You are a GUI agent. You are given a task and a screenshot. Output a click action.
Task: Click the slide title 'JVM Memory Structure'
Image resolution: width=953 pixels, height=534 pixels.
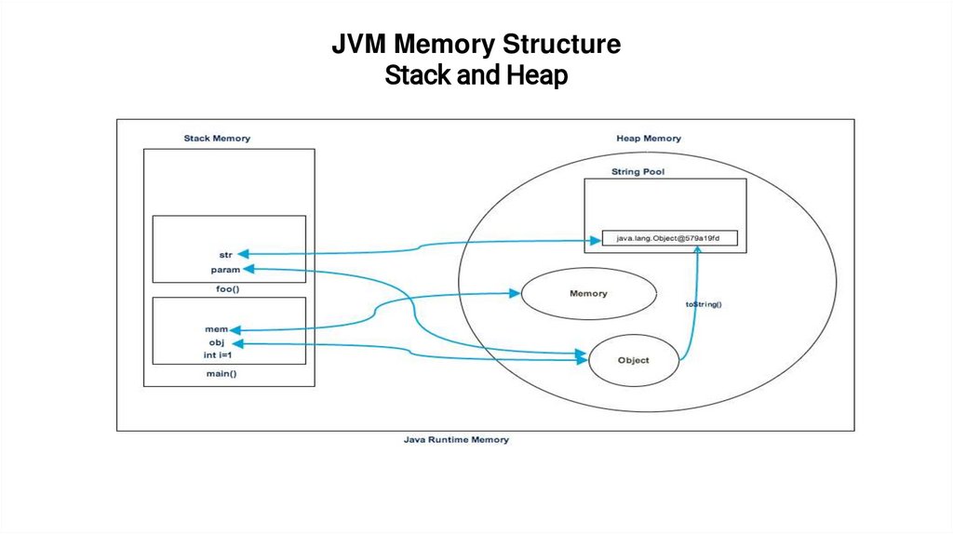476,45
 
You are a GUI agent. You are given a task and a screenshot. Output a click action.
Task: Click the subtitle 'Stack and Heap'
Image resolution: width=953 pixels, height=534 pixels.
476,74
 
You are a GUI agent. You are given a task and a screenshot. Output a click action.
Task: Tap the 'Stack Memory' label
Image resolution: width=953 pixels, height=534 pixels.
217,139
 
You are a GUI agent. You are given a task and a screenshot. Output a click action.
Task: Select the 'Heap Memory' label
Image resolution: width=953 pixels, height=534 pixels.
649,139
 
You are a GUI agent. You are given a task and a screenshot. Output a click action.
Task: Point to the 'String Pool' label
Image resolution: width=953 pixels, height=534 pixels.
638,172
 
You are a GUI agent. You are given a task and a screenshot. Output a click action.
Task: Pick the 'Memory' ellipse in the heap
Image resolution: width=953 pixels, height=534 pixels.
587,294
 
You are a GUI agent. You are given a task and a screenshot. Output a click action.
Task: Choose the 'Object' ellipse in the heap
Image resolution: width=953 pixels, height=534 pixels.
633,360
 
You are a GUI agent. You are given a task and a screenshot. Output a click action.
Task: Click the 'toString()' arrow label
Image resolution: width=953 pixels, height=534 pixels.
705,304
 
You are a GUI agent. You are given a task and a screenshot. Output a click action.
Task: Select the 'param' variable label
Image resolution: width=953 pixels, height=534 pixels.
226,270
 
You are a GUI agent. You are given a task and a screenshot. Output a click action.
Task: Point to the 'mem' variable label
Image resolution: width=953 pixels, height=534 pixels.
216,329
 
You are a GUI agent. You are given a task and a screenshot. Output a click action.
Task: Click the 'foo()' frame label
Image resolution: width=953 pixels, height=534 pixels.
229,288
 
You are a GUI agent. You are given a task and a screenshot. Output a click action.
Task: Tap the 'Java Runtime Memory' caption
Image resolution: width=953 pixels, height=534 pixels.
456,439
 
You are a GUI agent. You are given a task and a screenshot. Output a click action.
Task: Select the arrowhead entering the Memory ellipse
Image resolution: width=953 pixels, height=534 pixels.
514,293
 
